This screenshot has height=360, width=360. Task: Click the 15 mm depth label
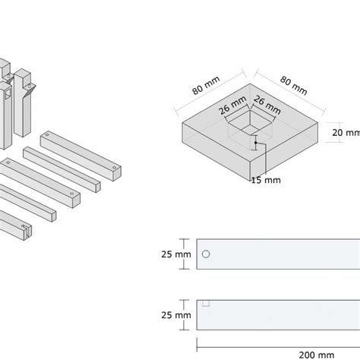265,179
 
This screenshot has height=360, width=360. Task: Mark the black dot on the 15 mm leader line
256,142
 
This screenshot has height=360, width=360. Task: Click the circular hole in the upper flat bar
206,254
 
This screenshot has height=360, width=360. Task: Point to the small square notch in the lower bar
204,303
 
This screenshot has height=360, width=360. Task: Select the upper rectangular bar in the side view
278,254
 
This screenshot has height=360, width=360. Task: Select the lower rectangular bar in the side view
278,314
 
